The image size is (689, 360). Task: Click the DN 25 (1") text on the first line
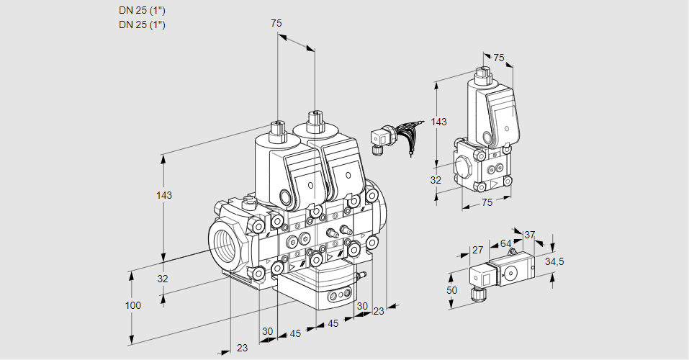(142, 11)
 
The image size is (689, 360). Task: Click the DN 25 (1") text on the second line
(142, 24)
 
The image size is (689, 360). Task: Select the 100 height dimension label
(132, 305)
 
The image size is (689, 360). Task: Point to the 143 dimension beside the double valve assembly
(166, 195)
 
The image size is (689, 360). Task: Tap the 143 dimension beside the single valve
(438, 122)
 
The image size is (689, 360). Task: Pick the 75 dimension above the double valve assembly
(276, 24)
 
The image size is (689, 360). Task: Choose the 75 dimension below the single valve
(487, 203)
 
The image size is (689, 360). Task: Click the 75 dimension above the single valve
(499, 58)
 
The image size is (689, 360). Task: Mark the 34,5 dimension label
(554, 261)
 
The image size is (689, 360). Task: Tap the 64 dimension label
(505, 243)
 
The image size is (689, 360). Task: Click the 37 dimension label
(530, 235)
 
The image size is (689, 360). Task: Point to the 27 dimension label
(477, 251)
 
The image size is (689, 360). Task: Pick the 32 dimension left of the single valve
(436, 180)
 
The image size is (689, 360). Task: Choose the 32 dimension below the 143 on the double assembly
(163, 279)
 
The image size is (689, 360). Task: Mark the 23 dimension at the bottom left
(242, 348)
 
